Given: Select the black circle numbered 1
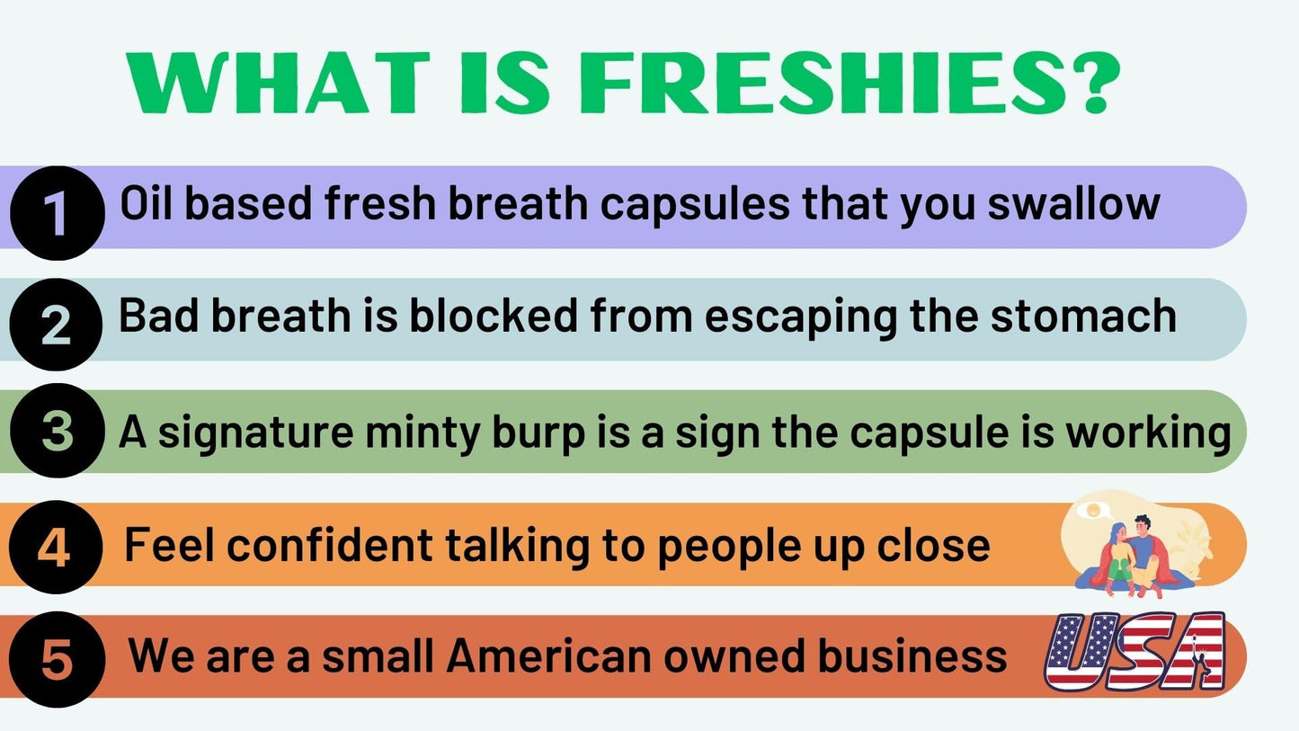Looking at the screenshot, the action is click(x=58, y=213).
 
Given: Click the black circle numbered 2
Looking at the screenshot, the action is click(x=57, y=325).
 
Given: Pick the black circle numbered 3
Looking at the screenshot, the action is click(x=58, y=431).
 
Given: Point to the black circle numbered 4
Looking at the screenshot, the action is click(x=57, y=547).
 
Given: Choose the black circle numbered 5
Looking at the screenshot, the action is click(x=58, y=660).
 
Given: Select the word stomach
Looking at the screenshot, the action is click(x=1083, y=316).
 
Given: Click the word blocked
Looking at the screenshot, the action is click(x=494, y=316).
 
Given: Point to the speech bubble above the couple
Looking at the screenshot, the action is click(x=1092, y=511).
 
